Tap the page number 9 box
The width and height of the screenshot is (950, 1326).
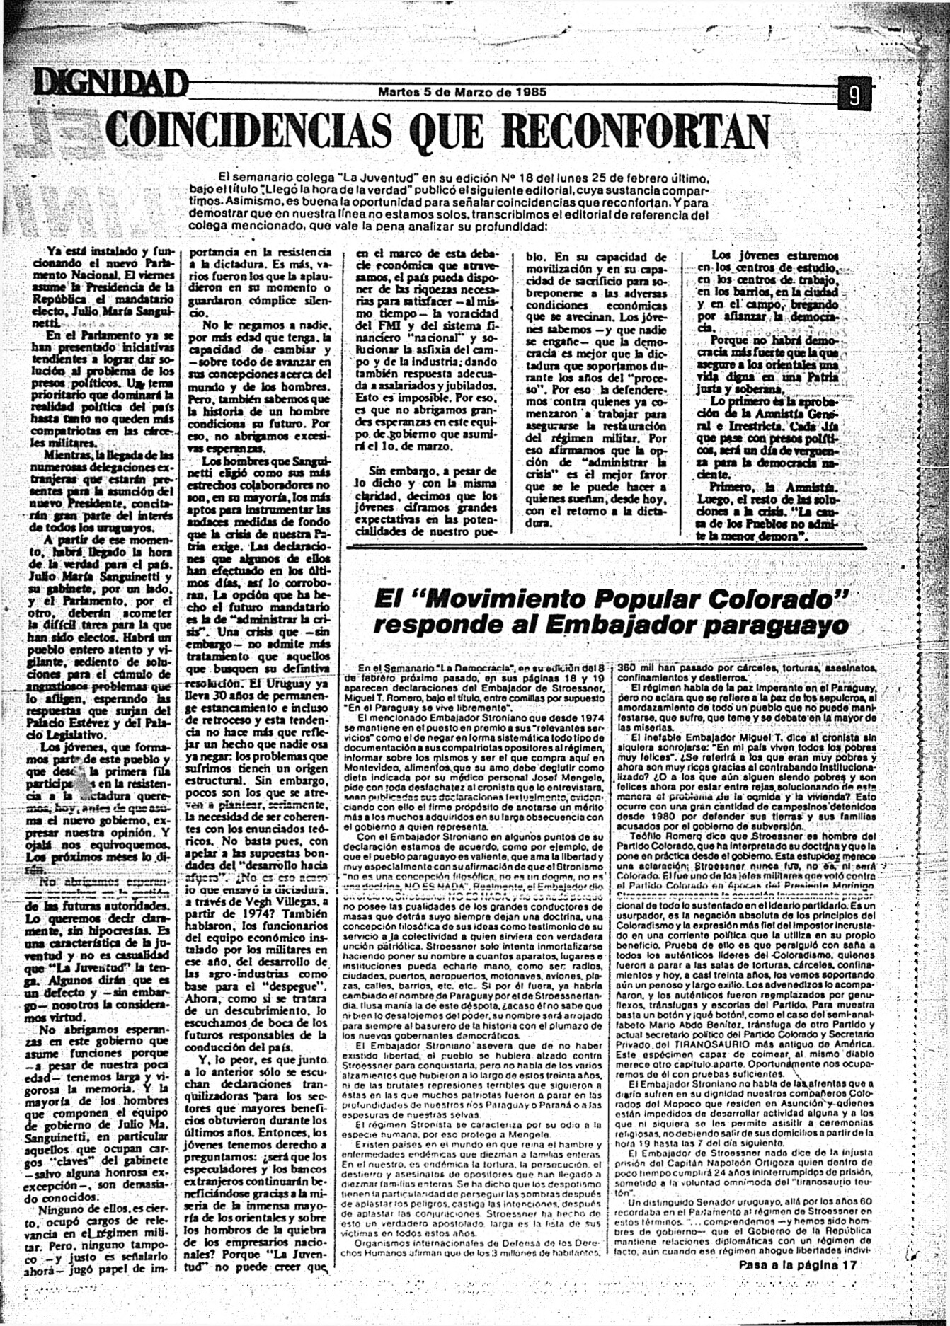pos(854,95)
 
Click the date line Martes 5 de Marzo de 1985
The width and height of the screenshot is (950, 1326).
pos(462,92)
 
